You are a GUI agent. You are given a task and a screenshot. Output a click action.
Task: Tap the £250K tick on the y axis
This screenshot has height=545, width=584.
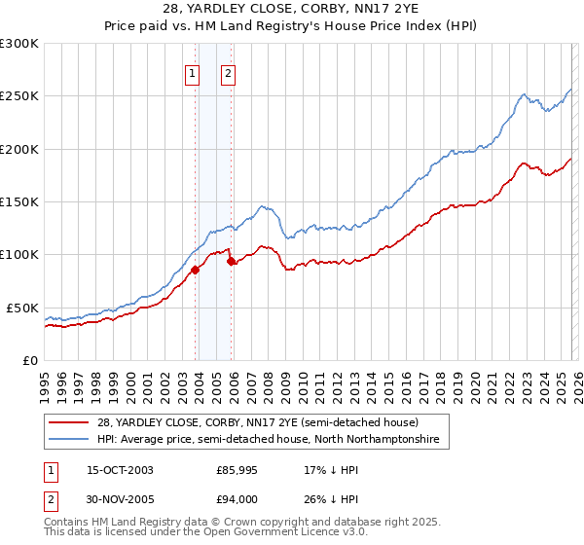(19, 96)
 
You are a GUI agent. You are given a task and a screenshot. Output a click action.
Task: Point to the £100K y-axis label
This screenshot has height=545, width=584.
(19, 254)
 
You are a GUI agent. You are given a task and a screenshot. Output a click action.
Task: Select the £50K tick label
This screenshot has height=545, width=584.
(22, 308)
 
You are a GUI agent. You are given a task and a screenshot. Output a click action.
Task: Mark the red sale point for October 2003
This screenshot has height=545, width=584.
(195, 270)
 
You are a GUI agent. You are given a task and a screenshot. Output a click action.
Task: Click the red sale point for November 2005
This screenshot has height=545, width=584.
(231, 261)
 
